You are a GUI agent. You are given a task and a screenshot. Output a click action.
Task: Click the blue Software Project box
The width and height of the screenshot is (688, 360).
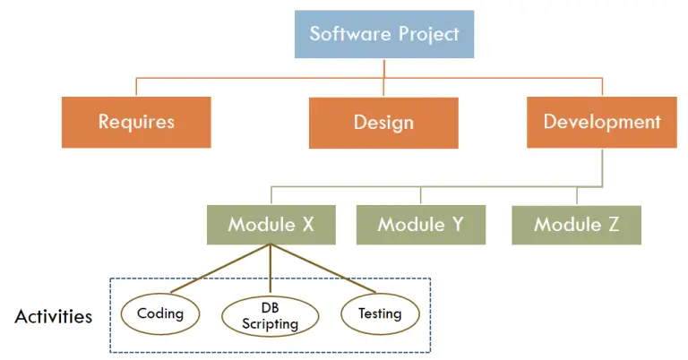tap(383, 35)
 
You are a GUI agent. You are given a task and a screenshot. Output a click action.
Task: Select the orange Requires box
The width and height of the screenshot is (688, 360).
tap(136, 122)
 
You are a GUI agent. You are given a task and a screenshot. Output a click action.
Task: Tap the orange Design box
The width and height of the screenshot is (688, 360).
tap(383, 122)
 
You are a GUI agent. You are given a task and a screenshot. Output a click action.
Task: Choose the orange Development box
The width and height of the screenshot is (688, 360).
tap(602, 122)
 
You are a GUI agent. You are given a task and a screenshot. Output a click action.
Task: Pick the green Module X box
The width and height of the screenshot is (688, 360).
tap(271, 224)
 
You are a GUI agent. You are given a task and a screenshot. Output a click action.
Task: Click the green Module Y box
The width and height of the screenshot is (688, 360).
tap(420, 224)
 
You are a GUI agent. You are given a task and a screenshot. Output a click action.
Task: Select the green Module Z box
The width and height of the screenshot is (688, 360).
tap(577, 224)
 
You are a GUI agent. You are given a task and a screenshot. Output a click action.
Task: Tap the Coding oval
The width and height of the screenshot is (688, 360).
tap(160, 313)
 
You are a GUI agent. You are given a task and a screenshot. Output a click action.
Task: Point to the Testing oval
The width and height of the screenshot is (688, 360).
tap(380, 313)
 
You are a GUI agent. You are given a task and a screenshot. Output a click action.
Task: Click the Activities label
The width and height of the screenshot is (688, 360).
tap(54, 316)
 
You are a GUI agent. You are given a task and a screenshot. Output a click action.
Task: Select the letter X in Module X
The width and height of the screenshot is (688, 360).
tap(307, 224)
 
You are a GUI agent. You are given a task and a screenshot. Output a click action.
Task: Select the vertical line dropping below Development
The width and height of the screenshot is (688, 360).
tap(602, 167)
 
